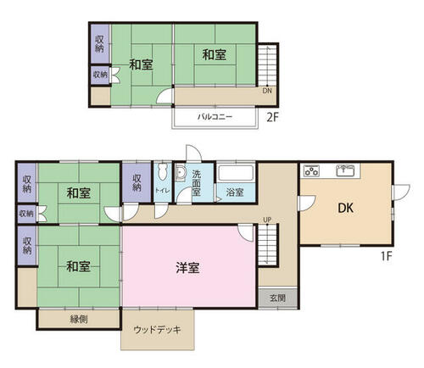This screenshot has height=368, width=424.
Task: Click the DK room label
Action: (x=345, y=208)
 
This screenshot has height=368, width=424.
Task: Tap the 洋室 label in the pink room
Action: (x=187, y=268)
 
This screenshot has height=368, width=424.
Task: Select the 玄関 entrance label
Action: (x=277, y=298)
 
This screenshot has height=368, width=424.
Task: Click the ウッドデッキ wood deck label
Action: (x=157, y=330)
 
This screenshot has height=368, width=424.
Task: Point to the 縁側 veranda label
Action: (x=79, y=320)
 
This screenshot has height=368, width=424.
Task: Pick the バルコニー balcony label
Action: (x=215, y=116)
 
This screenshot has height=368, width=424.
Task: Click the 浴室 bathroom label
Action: (x=235, y=192)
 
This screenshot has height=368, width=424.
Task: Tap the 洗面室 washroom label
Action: (x=196, y=183)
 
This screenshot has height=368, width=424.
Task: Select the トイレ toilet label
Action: (x=163, y=191)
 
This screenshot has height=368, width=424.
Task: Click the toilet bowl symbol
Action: (x=163, y=172)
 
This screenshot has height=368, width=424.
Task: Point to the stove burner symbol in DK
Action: (x=311, y=170)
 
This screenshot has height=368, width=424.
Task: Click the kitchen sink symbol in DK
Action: (x=345, y=170)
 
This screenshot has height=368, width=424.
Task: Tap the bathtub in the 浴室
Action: (x=236, y=173)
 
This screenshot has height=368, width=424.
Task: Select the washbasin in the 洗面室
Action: (x=180, y=172)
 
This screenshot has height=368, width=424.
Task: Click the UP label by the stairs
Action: (x=267, y=220)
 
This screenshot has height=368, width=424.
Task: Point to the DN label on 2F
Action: (x=267, y=91)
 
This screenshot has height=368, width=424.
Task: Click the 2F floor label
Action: (x=273, y=117)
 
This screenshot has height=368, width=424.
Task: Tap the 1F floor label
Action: (x=386, y=256)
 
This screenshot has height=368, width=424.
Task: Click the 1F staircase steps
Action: (x=267, y=245)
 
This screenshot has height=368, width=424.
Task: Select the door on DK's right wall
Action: (x=401, y=192)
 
